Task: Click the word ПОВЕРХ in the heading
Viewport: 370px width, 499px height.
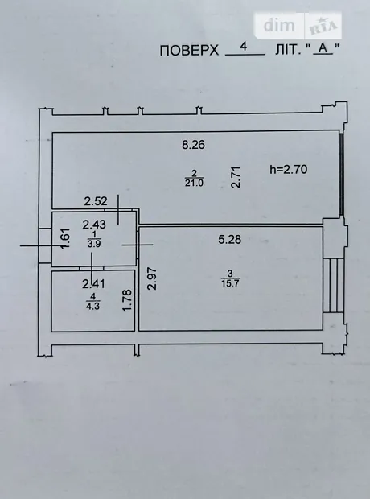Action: [189, 50]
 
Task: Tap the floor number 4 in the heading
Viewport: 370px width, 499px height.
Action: [244, 47]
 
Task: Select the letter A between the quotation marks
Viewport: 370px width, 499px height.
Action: [323, 48]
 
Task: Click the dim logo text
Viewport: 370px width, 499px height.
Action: [279, 25]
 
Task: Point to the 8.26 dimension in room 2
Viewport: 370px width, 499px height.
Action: [193, 145]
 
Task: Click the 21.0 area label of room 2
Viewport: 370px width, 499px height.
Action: [194, 183]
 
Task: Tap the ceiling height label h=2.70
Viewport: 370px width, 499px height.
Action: [289, 169]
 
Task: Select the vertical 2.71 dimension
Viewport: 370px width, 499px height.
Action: [236, 177]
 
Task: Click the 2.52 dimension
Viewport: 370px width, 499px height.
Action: [96, 201]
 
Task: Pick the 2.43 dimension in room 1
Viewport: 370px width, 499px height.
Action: [94, 225]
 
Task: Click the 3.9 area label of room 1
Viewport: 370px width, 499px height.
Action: [94, 244]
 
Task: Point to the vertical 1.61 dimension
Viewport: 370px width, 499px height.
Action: [65, 239]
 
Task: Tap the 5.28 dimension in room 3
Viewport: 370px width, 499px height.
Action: [230, 239]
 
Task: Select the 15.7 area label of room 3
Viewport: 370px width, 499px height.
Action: [230, 283]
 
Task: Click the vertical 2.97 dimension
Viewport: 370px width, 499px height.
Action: [153, 278]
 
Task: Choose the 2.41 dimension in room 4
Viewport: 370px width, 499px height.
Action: [93, 283]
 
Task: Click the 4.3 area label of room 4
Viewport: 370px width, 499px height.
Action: [92, 306]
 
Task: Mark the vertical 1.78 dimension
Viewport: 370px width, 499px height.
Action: [127, 300]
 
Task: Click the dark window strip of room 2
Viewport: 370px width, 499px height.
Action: [341, 174]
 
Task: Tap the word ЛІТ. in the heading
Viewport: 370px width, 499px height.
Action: [288, 50]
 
